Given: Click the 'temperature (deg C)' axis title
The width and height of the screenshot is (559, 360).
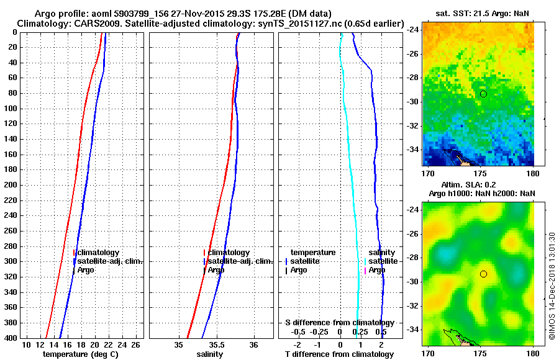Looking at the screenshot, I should [80, 354].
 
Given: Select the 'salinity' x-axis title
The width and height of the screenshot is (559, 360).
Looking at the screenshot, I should [211, 354].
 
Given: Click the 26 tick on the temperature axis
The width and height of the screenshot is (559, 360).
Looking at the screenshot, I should [139, 344].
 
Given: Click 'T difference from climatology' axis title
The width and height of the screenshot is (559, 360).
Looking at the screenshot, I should [339, 354].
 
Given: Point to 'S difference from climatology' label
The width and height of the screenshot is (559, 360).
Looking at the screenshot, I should [339, 323].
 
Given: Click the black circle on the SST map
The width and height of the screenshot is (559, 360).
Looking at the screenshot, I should [483, 94].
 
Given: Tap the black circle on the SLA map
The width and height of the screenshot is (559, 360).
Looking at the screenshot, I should [483, 274].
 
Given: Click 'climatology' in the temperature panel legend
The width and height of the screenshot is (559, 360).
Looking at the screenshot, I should [99, 253].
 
